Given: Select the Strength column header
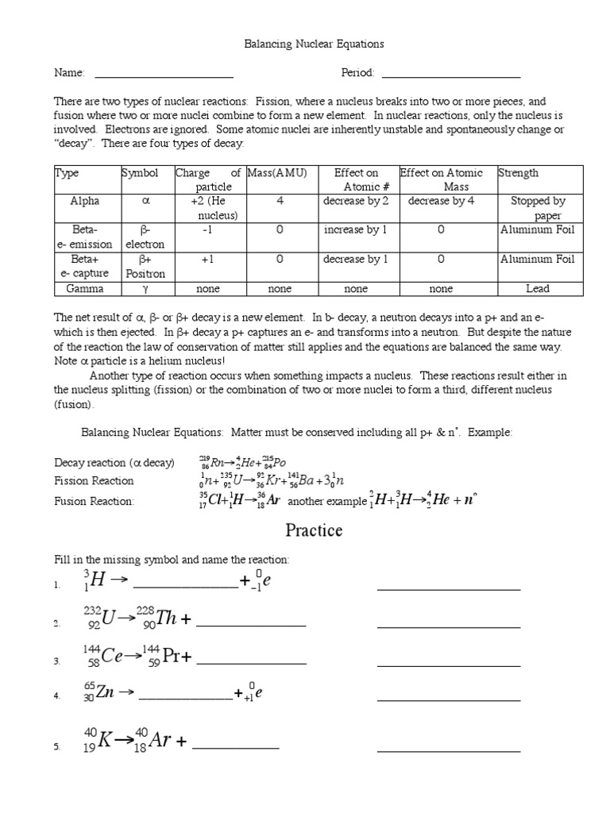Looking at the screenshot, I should pos(519,173).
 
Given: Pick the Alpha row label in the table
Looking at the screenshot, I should pos(86,202).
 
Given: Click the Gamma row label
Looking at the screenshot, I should pos(86,289).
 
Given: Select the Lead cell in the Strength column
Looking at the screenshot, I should pos(538,289).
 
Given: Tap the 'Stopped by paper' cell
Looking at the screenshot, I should pos(538,208).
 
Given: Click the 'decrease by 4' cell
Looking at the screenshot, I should pos(441,202).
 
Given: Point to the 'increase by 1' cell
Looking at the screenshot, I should pos(356,230).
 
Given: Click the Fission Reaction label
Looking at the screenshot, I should pos(94,481).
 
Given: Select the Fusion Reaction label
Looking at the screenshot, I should pos(95,501).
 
